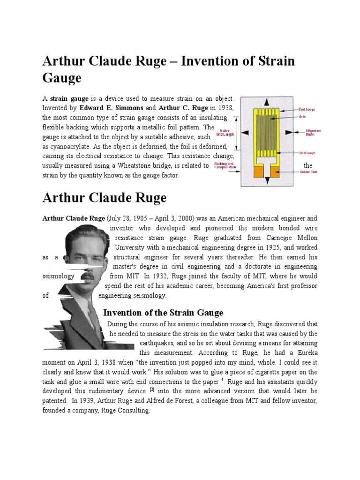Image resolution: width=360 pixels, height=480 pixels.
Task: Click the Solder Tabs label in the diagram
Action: click(x=308, y=172)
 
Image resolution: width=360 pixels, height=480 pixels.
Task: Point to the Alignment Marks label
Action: click(x=313, y=133)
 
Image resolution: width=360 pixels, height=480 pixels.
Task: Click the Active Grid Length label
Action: click(x=225, y=133)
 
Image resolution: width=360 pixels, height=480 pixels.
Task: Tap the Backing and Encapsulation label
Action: click(x=225, y=165)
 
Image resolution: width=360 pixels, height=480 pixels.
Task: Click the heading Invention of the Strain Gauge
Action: click(x=163, y=313)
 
